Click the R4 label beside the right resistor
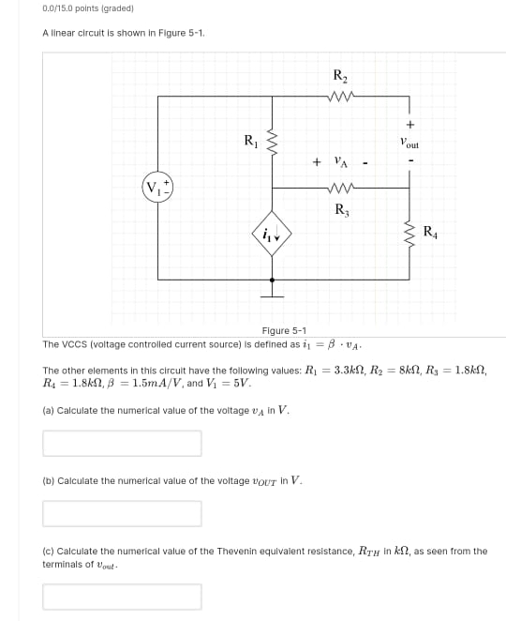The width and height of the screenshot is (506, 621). coord(429,231)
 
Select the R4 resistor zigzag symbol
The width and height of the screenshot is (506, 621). coord(410,233)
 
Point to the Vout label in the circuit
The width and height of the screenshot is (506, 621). coord(409,144)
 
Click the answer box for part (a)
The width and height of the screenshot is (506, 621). coord(122,443)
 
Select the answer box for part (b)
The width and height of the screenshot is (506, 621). coord(122,513)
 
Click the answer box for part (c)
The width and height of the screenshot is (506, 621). coord(122,597)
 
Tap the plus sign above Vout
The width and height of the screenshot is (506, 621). coord(410,124)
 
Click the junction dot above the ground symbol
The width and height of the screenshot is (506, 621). coord(272,280)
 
